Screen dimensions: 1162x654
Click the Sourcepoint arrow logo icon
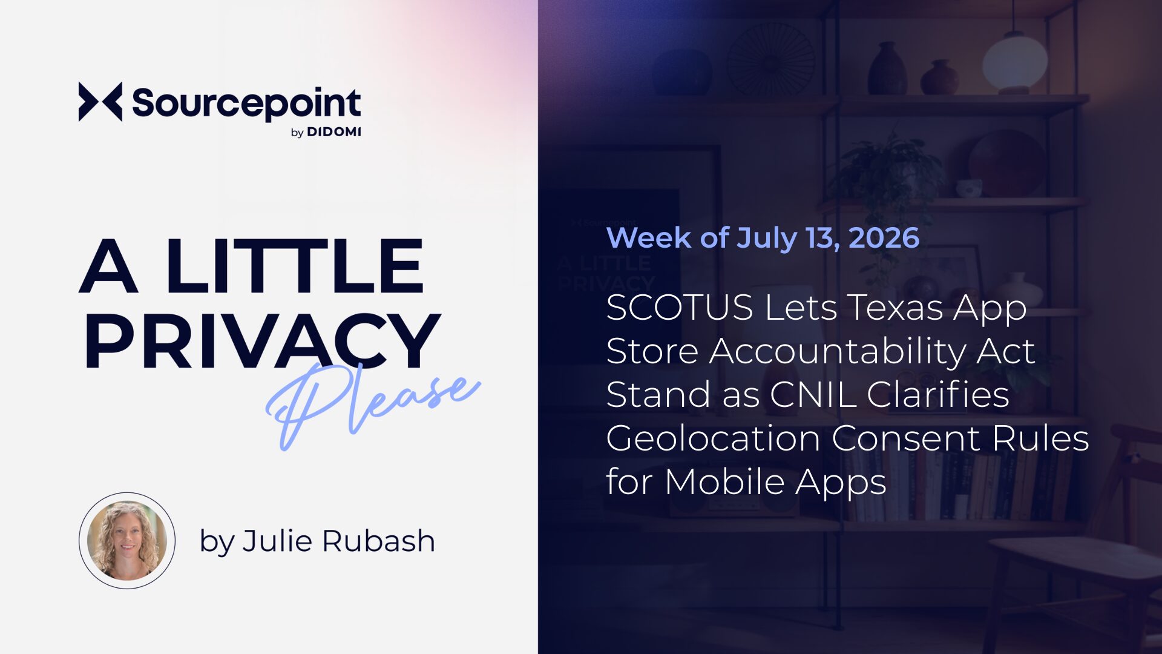tap(100, 102)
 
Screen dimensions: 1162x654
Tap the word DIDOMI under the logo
tap(334, 132)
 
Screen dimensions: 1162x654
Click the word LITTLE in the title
tap(295, 266)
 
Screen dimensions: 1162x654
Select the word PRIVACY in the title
tap(263, 340)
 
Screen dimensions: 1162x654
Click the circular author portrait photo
tap(127, 540)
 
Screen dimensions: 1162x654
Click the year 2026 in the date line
tap(884, 237)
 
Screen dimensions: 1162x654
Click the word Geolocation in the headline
tap(713, 438)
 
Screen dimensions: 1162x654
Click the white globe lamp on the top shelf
tap(1015, 61)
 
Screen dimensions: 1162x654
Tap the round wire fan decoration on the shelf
tap(771, 59)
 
